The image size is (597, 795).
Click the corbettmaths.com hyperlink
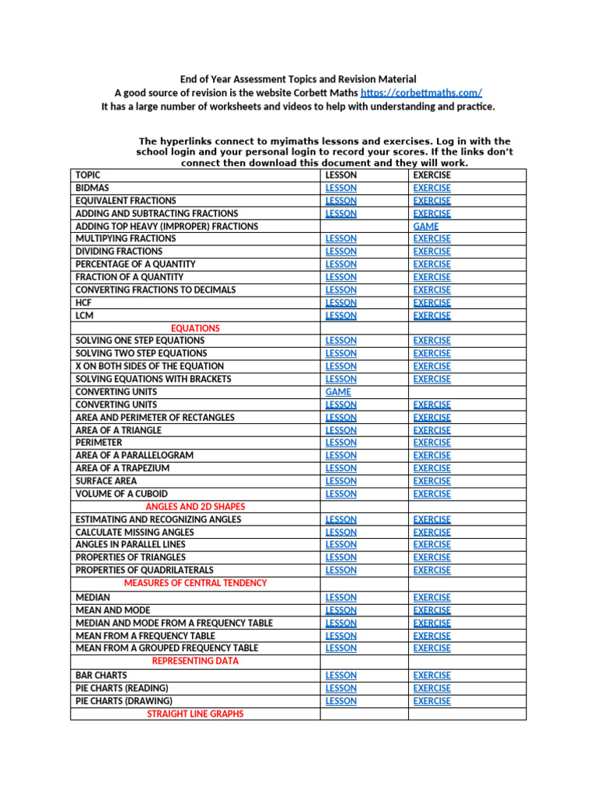[416, 92]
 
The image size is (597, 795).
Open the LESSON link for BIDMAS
[341, 188]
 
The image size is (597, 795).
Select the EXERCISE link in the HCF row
[431, 303]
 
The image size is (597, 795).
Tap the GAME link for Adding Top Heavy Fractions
[426, 226]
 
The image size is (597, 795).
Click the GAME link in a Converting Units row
[338, 392]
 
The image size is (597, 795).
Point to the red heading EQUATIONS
[195, 328]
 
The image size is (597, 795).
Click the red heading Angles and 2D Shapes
[195, 506]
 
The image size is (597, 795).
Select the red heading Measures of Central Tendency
[195, 583]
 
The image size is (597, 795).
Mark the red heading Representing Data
[195, 661]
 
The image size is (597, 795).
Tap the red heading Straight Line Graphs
[195, 713]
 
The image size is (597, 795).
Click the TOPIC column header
[88, 175]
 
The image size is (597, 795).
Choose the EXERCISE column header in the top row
[431, 175]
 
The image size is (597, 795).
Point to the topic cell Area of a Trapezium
[122, 468]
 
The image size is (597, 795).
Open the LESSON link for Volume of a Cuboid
[341, 494]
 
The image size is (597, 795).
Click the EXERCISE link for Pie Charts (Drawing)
[431, 701]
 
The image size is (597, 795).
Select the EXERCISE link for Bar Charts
[431, 675]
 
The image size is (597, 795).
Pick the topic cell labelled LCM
[84, 316]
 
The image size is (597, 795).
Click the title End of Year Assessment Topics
[298, 79]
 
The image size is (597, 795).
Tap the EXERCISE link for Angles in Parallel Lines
[431, 544]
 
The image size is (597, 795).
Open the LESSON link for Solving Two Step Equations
[341, 353]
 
